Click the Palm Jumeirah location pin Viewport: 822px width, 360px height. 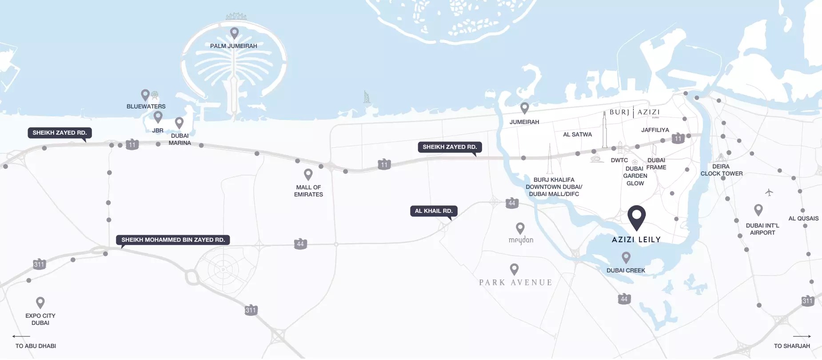click(x=234, y=32)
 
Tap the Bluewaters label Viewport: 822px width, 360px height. click(x=146, y=107)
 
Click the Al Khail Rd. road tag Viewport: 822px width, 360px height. click(x=434, y=211)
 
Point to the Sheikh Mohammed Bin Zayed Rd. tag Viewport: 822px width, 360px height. click(x=173, y=240)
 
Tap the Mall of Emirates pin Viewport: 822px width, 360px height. click(x=308, y=174)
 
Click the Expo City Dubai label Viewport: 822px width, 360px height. click(x=40, y=319)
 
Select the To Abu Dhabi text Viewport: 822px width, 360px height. click(x=36, y=346)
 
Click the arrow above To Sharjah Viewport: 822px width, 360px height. click(x=802, y=336)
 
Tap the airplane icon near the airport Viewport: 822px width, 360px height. click(x=769, y=192)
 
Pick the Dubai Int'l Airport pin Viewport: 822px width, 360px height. click(x=758, y=209)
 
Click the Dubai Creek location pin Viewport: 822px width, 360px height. click(x=626, y=257)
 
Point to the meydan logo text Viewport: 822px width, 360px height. click(x=521, y=240)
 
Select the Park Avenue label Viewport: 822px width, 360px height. click(x=515, y=283)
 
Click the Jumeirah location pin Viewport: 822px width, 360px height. click(x=525, y=108)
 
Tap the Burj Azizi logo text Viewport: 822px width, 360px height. click(x=634, y=112)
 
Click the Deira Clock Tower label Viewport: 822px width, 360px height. click(x=722, y=170)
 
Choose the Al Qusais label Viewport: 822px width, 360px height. click(x=803, y=219)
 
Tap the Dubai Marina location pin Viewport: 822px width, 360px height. click(x=179, y=122)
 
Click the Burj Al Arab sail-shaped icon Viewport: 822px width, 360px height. click(x=367, y=97)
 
